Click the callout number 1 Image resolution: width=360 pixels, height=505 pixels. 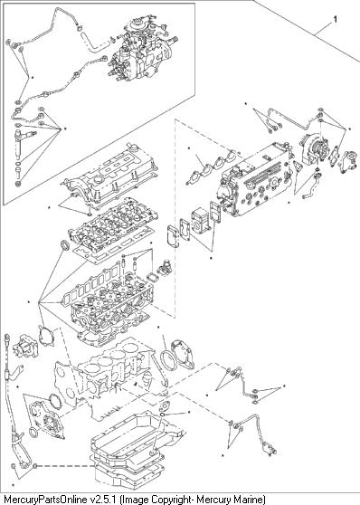pos(336,19)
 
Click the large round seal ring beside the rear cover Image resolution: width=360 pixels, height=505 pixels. pos(167,362)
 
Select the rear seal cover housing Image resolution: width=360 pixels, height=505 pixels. pos(184,354)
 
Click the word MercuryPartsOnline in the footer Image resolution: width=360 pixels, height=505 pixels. pos(45,500)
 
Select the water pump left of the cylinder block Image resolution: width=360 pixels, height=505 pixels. pos(25,346)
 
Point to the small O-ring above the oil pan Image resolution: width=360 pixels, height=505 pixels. pos(163,414)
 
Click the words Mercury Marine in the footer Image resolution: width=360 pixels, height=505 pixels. pos(231,500)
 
